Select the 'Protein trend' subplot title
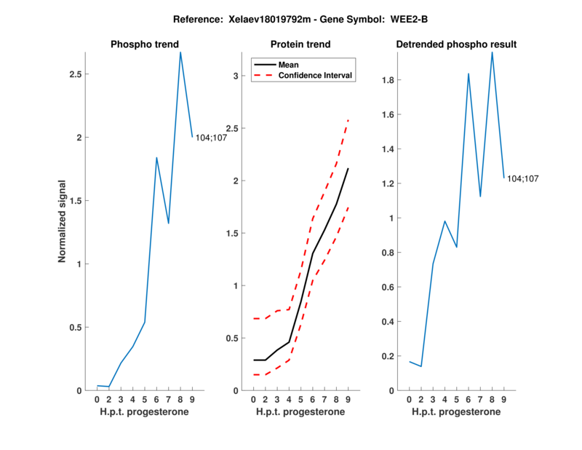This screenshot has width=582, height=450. (300, 44)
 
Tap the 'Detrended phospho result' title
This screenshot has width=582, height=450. (456, 44)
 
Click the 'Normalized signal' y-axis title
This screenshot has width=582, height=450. (64, 221)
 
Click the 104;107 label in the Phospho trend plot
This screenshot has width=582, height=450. (212, 137)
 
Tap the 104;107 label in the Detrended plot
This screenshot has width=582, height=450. (523, 178)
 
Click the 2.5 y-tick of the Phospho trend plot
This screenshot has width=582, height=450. (76, 74)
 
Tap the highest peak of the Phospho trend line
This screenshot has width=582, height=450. (180, 52)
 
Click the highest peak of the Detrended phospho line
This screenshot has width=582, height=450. (493, 52)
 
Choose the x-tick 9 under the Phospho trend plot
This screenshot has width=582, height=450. (192, 399)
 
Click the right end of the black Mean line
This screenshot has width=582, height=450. (348, 168)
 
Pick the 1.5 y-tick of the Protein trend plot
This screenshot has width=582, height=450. (233, 233)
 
